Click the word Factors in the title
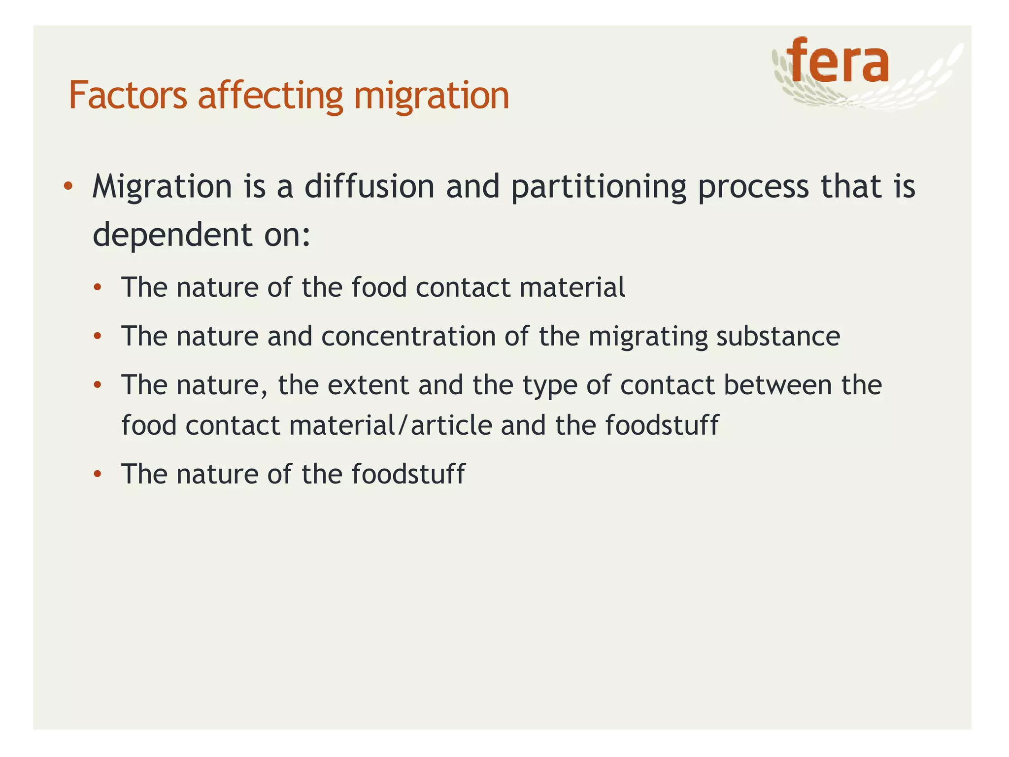point(128,95)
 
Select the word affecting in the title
point(270,95)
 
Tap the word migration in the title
point(431,95)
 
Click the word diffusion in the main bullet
point(370,187)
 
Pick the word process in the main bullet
point(753,188)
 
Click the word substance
point(778,337)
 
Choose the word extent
point(368,385)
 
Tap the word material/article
point(391,425)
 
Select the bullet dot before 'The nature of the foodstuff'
point(98,474)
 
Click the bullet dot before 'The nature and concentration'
point(98,337)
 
